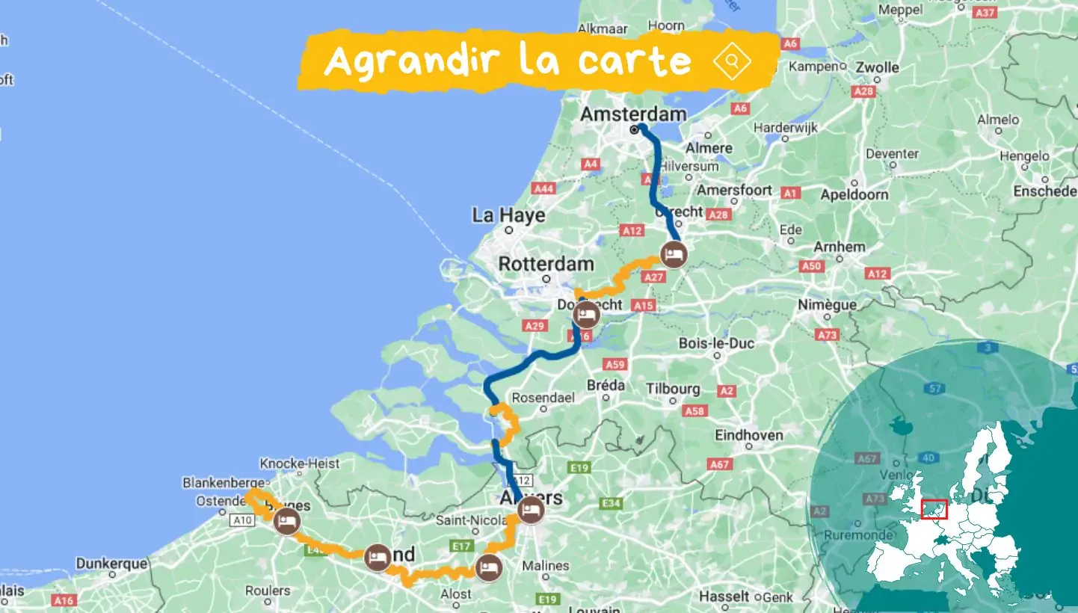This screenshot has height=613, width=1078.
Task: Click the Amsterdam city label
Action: [x=633, y=114]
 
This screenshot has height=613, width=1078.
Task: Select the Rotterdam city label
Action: [x=546, y=264]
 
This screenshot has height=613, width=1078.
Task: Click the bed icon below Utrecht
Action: [x=674, y=255]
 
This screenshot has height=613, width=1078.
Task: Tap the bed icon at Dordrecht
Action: [x=587, y=315]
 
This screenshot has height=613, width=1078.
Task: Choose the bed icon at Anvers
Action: [x=531, y=511]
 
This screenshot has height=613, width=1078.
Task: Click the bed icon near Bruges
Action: [x=286, y=521]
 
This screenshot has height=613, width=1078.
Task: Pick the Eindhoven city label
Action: [x=749, y=435]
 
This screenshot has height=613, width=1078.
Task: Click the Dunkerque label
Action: [x=112, y=564]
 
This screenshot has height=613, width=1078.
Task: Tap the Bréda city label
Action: [x=606, y=385]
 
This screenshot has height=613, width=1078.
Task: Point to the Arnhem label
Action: [x=841, y=247]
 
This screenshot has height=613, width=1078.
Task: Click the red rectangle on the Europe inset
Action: [x=934, y=509]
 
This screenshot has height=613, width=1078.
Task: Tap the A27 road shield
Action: [x=653, y=277]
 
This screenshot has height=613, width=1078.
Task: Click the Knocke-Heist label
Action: [x=300, y=463]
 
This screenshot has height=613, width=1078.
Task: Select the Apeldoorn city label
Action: [x=854, y=194]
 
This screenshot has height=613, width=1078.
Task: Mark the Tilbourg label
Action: [x=674, y=389]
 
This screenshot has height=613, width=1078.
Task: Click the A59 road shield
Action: [x=615, y=365]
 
